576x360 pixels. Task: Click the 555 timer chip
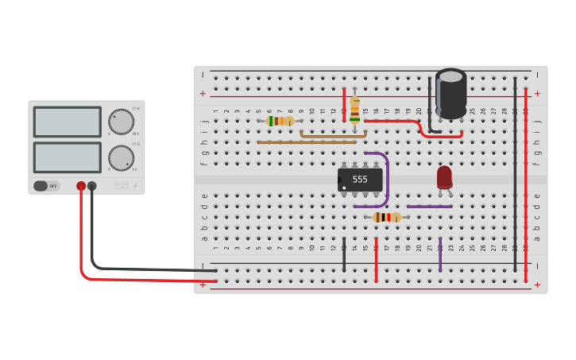tap(360, 180)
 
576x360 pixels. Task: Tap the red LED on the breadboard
tap(444, 177)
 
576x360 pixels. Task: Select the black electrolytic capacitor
tap(450, 95)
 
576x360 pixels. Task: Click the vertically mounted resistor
tap(354, 110)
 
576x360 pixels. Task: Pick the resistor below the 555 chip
tap(387, 217)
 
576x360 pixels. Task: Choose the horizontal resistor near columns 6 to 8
tap(280, 121)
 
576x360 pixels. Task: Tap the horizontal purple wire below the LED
tap(429, 207)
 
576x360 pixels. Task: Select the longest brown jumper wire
tap(306, 142)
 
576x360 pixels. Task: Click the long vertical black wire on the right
tap(515, 175)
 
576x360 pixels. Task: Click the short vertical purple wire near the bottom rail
tap(440, 254)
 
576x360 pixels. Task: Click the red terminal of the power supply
tap(81, 186)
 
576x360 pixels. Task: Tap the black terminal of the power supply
tap(92, 186)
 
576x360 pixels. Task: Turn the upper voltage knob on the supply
tap(121, 122)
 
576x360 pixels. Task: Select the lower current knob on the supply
tap(121, 157)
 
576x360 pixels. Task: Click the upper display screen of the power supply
tap(68, 122)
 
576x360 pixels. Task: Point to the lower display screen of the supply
tap(68, 157)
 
